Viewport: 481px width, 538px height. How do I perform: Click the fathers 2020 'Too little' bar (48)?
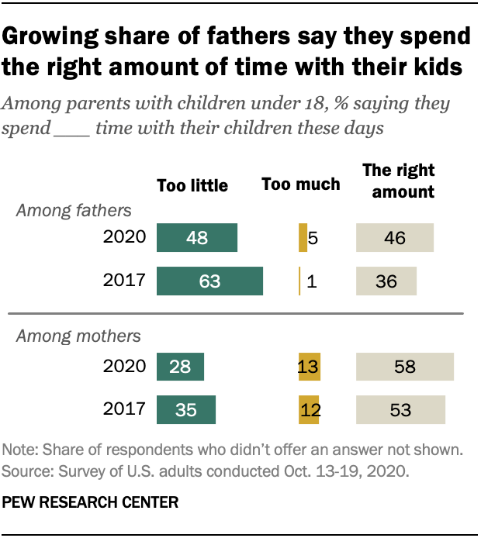197,238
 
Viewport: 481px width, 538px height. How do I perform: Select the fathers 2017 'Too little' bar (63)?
210,281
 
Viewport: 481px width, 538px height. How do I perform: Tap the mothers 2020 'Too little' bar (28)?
180,366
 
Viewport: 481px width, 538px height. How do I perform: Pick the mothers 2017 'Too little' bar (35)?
186,409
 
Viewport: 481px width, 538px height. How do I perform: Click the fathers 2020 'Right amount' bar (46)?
394,238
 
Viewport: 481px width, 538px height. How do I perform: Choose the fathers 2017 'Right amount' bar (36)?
386,281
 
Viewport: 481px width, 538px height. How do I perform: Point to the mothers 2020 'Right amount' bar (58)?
404,366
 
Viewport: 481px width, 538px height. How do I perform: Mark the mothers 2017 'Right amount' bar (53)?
400,409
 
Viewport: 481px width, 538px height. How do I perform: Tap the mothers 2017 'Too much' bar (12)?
309,409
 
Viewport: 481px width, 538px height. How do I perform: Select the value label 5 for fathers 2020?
313,238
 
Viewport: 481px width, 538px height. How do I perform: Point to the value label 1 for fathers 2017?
312,281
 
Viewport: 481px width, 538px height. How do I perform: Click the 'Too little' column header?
192,185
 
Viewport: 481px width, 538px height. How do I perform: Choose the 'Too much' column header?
301,184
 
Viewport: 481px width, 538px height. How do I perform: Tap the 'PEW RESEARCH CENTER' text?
91,502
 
